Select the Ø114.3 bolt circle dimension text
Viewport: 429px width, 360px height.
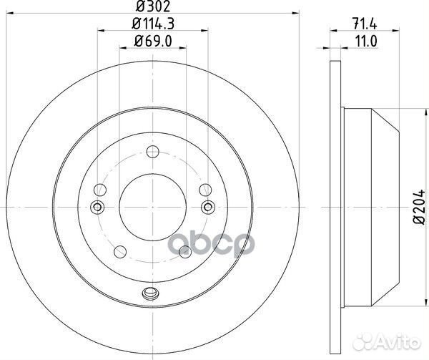click(x=152, y=26)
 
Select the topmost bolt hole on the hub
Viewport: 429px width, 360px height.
click(x=152, y=152)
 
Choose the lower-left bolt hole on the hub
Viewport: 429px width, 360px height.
click(x=120, y=250)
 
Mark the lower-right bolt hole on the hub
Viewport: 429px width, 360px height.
click(x=184, y=250)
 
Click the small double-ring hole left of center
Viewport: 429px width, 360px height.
click(x=98, y=208)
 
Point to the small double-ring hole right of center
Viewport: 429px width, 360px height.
click(x=207, y=208)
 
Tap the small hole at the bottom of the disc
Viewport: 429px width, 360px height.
click(x=152, y=292)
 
